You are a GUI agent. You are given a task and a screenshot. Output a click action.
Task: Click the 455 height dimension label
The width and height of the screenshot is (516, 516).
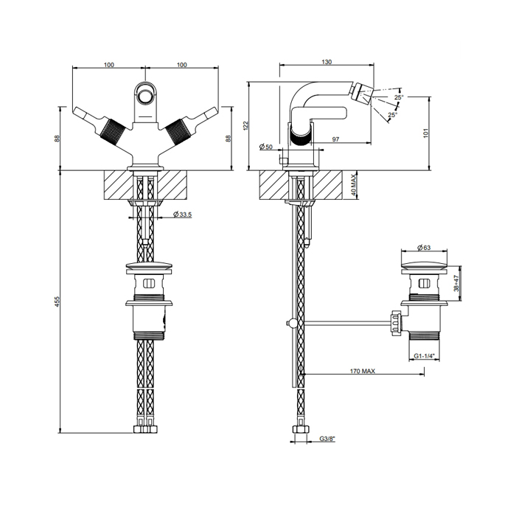[57, 301]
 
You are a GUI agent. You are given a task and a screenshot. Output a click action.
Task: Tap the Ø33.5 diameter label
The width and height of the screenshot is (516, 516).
[183, 215]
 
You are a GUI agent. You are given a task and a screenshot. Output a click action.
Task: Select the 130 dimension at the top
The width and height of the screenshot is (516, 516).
[327, 62]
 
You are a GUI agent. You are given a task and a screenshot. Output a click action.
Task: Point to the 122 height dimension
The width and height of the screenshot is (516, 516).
[245, 126]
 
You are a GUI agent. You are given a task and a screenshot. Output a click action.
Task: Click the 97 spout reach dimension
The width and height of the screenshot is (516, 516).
[335, 139]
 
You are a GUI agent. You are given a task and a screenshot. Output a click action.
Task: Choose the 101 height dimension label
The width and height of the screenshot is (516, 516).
[427, 133]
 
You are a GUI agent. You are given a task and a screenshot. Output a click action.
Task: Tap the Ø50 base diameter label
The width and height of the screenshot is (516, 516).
[266, 147]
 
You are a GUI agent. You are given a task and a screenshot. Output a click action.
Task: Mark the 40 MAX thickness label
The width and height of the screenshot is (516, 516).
[353, 186]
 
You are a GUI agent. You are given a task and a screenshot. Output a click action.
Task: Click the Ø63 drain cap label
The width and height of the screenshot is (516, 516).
[424, 248]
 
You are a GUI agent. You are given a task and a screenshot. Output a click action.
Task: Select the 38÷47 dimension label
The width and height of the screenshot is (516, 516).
[456, 284]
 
